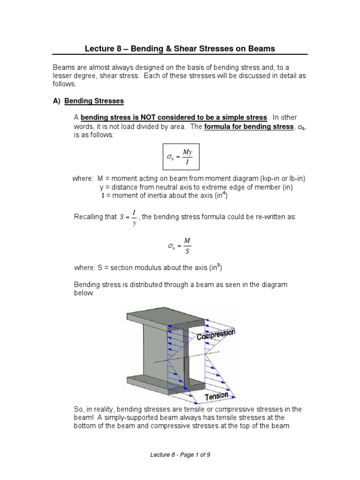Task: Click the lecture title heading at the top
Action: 180,48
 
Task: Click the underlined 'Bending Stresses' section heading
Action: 94,101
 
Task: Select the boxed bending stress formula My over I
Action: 180,157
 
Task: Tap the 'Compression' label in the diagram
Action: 216,335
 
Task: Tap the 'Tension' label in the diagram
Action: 216,396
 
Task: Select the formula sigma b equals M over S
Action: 180,245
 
